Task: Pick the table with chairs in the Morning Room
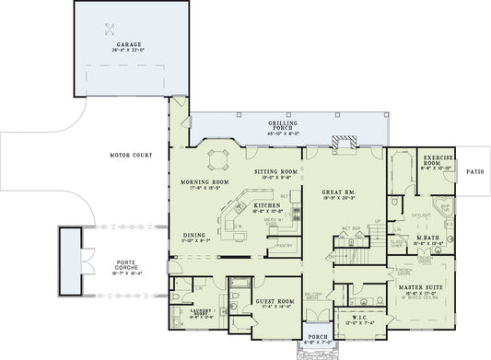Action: tap(217, 159)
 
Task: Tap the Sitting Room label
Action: tap(275, 171)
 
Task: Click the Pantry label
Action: tap(284, 244)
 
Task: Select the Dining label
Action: tap(193, 235)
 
